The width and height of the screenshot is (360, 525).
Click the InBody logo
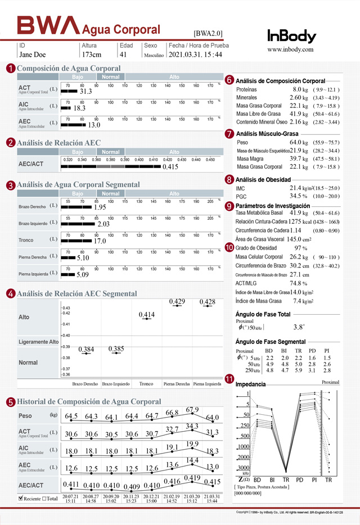[291, 36]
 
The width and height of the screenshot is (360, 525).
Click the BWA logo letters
[48, 25]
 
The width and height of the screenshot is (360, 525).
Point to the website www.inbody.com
[290, 49]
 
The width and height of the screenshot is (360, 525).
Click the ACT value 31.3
[85, 91]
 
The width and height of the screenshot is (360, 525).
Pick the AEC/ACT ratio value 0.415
[170, 167]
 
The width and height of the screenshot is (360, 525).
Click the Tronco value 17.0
[100, 241]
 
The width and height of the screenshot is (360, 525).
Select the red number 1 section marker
[11, 68]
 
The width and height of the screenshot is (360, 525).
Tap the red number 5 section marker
[11, 402]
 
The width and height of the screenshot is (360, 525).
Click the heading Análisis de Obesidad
[264, 179]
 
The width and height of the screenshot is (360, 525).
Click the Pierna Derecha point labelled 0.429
[177, 302]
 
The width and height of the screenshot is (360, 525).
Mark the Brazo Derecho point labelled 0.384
[86, 350]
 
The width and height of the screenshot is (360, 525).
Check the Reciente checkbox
[21, 498]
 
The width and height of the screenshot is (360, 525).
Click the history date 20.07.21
[70, 497]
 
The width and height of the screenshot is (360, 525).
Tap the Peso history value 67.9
[192, 410]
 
